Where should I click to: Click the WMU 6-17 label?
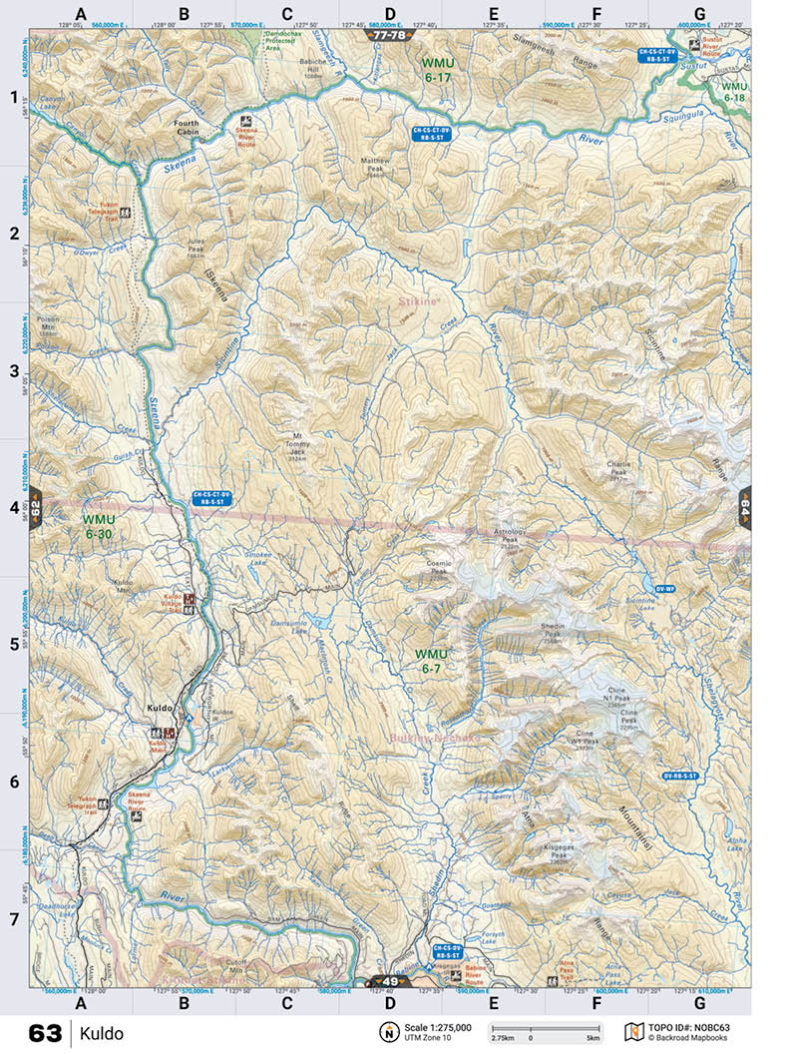[x=437, y=70]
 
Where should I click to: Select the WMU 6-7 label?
[x=436, y=660]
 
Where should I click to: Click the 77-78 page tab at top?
[x=387, y=35]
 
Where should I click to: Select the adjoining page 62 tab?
[x=35, y=505]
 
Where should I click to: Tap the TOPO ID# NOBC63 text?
[x=689, y=1027]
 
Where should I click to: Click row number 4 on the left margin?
[x=14, y=507]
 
